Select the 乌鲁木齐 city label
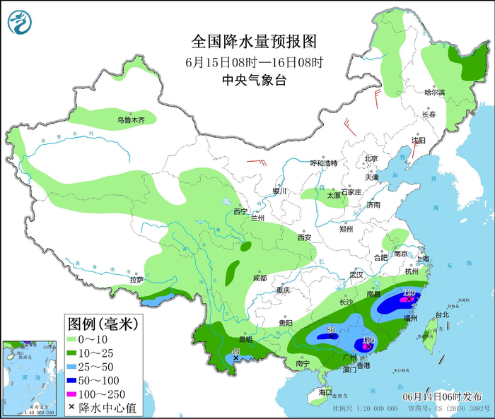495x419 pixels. pos(131,121)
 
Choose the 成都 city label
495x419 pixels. pos(259,278)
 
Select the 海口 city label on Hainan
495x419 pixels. pos(325,391)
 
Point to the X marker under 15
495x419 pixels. pos(236,359)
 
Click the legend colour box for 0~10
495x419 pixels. pos(71,340)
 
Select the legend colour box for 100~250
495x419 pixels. pos(71,394)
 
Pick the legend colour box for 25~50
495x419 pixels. pos(71,367)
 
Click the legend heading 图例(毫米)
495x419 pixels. pos(102,324)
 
